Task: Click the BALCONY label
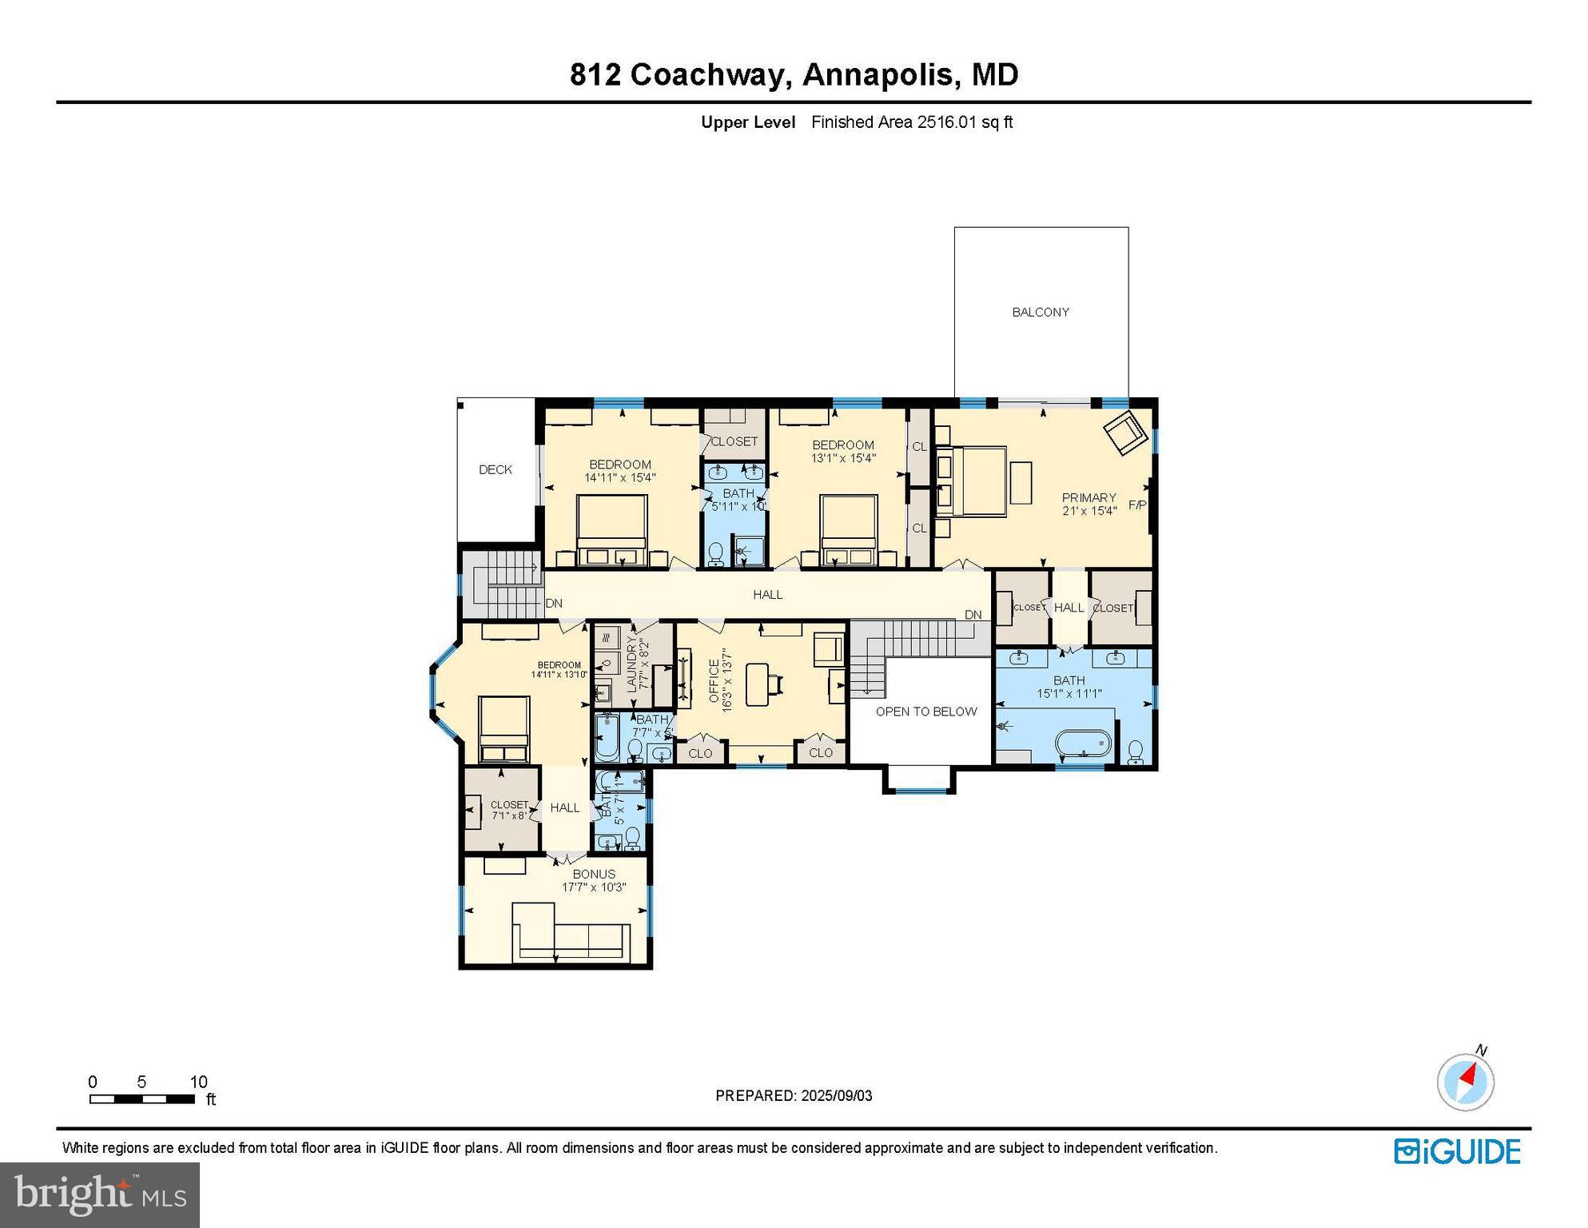tap(1040, 312)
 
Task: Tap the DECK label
tap(495, 469)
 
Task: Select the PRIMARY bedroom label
tap(1089, 497)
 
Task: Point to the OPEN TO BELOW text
tap(925, 711)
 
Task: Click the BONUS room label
tap(594, 874)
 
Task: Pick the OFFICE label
tap(714, 680)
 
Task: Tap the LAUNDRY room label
tap(631, 663)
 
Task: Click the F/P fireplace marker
tap(1136, 504)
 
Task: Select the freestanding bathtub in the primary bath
tap(1084, 744)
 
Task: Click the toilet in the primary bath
tap(1135, 752)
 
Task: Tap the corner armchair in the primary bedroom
tap(1125, 433)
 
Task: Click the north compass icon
tap(1466, 1082)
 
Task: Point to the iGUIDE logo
tap(1457, 1151)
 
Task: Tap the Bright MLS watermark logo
tap(100, 1194)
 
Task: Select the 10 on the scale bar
tap(198, 1082)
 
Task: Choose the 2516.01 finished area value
tap(947, 122)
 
